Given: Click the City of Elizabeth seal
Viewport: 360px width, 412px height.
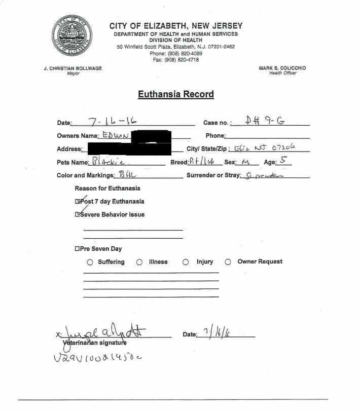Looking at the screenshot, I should [73, 36].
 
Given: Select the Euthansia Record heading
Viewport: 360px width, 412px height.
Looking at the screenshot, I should [175, 94].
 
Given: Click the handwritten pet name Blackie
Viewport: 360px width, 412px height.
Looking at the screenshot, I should [109, 162].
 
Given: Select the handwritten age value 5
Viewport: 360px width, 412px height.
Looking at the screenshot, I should [283, 161].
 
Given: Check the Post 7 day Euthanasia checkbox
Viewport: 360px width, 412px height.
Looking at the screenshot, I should [78, 201].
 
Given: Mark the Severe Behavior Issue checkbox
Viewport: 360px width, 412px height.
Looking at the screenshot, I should [78, 214].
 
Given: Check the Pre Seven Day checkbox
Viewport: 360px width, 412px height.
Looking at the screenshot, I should [77, 249].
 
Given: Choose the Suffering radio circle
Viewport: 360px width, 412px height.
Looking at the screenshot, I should [90, 262].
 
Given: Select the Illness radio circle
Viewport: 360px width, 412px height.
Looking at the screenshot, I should [139, 262].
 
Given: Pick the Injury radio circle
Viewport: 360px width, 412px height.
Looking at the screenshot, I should [186, 262].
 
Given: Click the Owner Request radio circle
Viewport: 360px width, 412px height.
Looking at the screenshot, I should [228, 262].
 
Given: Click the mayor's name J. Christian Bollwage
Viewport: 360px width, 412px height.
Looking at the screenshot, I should [73, 68].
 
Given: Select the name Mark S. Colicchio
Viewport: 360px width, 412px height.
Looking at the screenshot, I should [282, 68].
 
